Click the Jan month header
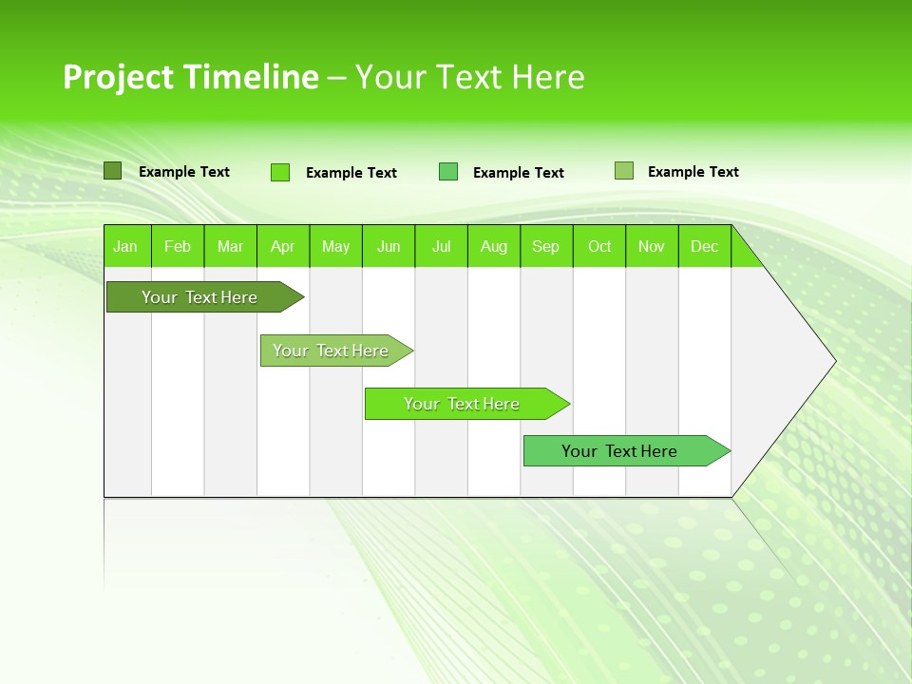tap(126, 246)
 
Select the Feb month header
tap(178, 246)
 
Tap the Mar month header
tap(230, 246)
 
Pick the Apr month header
tap(283, 246)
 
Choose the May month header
tap(335, 246)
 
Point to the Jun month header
tap(389, 246)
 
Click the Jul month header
tap(441, 246)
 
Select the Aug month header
tap(494, 246)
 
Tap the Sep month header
tap(546, 246)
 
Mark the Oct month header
tap(599, 246)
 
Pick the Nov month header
tap(652, 246)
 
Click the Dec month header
tap(705, 246)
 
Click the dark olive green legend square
tap(113, 171)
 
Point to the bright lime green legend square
tap(280, 172)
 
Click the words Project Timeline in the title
tap(190, 77)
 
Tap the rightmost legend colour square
tap(624, 171)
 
